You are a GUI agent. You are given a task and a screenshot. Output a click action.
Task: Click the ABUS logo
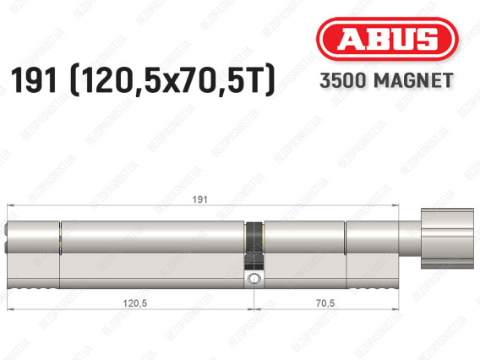click(387, 39)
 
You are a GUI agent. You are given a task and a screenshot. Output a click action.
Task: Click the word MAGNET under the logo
click(413, 81)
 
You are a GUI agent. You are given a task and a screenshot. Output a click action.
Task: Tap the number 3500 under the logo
click(343, 81)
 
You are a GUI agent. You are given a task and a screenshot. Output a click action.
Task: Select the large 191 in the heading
click(34, 80)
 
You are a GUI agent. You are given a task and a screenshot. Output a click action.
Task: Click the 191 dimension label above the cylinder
click(199, 199)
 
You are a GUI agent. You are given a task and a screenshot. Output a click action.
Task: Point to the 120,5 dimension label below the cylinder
click(134, 303)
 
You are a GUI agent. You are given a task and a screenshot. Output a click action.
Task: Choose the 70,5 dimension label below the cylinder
click(325, 303)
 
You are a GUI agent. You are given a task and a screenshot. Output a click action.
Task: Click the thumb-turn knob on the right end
click(447, 238)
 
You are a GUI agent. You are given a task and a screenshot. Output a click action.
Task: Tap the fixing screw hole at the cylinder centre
click(254, 278)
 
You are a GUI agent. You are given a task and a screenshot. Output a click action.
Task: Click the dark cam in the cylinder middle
click(254, 246)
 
